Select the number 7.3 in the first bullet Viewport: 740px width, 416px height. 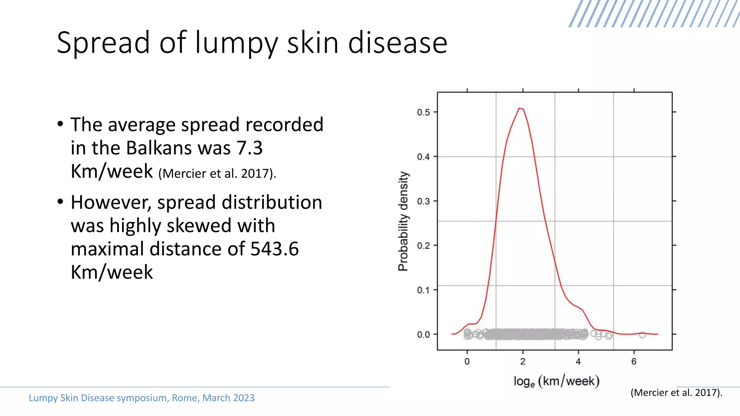click(x=249, y=148)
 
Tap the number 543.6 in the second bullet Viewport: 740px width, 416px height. click(x=275, y=249)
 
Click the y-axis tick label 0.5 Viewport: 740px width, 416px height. click(x=423, y=112)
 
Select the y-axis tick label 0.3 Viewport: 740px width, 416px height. click(x=423, y=201)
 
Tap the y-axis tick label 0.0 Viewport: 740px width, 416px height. click(x=423, y=335)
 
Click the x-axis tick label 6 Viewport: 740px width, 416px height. click(x=634, y=361)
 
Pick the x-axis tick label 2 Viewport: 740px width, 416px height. click(x=522, y=361)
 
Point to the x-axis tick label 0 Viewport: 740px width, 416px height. click(x=467, y=361)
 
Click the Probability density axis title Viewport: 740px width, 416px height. click(x=403, y=221)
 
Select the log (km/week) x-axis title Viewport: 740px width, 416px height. click(x=556, y=381)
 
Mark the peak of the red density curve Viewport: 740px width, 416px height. click(x=520, y=108)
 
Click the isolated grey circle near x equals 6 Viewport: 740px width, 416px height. click(x=642, y=335)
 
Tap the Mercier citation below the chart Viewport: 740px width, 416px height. click(x=676, y=393)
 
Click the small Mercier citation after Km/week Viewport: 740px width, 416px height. click(x=217, y=174)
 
